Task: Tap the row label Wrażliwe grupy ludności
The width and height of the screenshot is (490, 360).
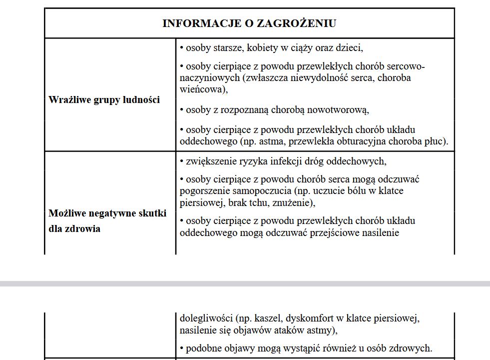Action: pyautogui.click(x=104, y=99)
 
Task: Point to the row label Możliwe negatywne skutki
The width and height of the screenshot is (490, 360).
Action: pyautogui.click(x=107, y=213)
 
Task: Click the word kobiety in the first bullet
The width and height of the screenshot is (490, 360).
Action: pyautogui.click(x=263, y=48)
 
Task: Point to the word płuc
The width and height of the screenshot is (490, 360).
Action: pyautogui.click(x=436, y=141)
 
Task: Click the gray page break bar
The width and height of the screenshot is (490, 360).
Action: pyautogui.click(x=245, y=283)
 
